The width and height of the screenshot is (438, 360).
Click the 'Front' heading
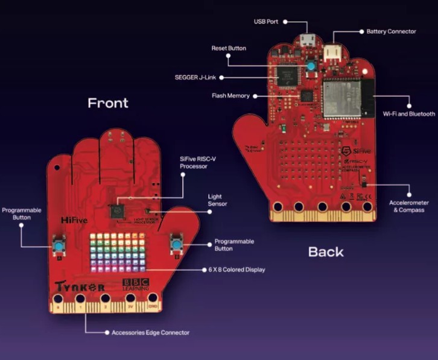point(108,103)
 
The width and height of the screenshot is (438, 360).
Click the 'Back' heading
point(326,251)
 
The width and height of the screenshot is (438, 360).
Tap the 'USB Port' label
point(265,21)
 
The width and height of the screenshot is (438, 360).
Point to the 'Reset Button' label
point(229,48)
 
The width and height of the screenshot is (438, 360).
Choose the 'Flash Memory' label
point(230,96)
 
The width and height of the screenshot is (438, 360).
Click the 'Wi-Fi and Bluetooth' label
point(409,114)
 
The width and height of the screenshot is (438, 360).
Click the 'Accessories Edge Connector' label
point(151,332)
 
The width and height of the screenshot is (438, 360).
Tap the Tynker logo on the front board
point(80,287)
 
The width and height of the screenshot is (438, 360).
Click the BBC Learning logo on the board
point(135,285)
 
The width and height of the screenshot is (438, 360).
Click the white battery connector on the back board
point(332,52)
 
